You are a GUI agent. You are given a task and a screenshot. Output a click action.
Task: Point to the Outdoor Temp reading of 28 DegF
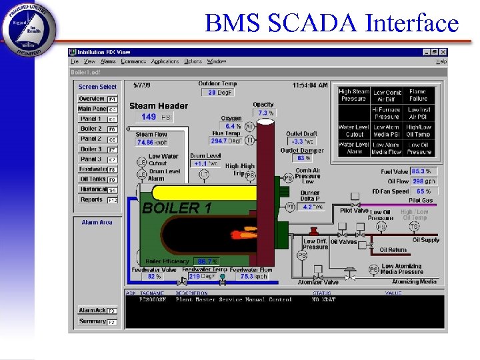point(217,93)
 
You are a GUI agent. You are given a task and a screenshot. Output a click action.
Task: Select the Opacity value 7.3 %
point(266,113)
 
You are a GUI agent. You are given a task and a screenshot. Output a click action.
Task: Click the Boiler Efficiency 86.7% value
point(207,261)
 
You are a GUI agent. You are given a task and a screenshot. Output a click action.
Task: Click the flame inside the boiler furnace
point(243,235)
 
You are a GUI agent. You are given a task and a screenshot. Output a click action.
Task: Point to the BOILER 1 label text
point(177,208)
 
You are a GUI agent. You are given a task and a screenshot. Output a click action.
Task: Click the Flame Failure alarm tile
point(418,95)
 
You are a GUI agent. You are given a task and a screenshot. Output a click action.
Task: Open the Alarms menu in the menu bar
point(108,61)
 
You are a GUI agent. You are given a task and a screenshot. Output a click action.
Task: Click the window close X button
point(443,52)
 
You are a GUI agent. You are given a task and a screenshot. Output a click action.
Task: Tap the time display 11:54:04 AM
point(310,85)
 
